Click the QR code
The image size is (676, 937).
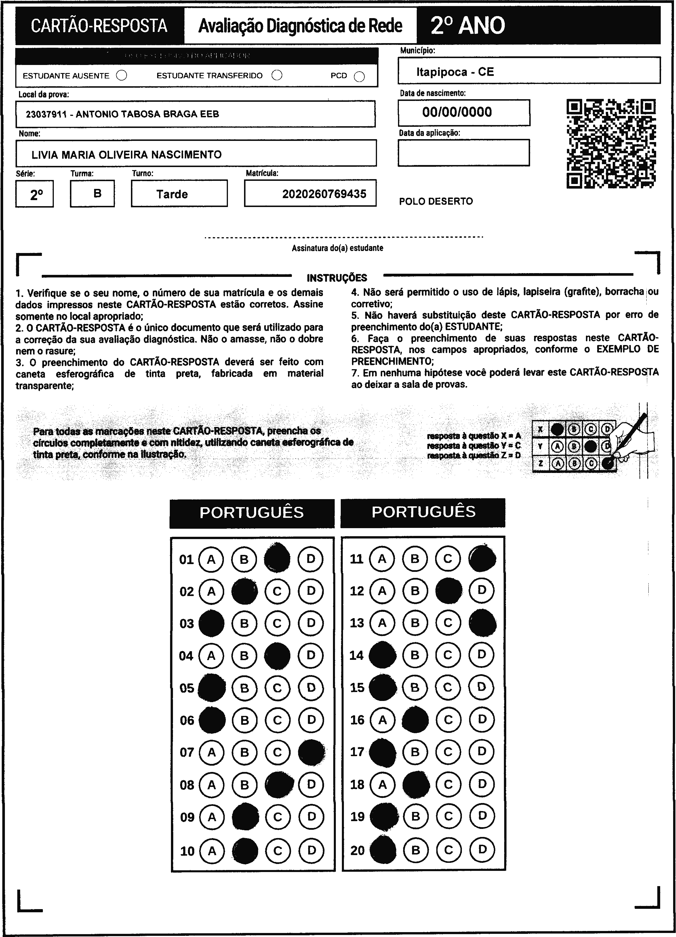pyautogui.click(x=611, y=143)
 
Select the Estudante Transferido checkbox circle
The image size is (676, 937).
pyautogui.click(x=277, y=75)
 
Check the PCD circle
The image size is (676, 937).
pyautogui.click(x=359, y=77)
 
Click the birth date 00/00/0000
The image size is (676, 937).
pyautogui.click(x=457, y=112)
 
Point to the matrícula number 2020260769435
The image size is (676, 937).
pyautogui.click(x=324, y=194)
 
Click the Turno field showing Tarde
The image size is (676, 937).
pyautogui.click(x=172, y=194)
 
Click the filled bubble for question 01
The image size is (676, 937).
pyautogui.click(x=277, y=559)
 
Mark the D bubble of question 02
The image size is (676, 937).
pyautogui.click(x=311, y=591)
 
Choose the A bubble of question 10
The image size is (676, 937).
pyautogui.click(x=212, y=851)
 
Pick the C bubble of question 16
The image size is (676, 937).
pyautogui.click(x=448, y=720)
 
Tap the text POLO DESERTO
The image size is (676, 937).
pyautogui.click(x=436, y=202)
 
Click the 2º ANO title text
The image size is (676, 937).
pyautogui.click(x=468, y=26)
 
